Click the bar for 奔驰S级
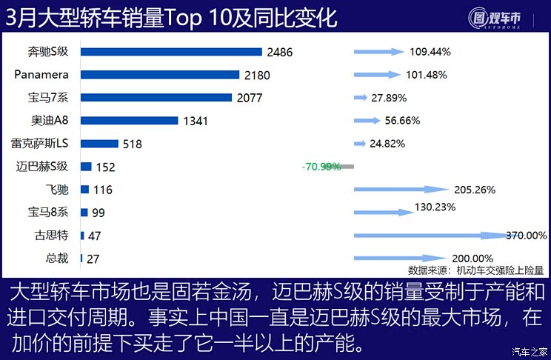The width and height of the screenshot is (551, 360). pyautogui.click(x=171, y=52)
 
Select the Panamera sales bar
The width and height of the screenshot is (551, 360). pyautogui.click(x=160, y=75)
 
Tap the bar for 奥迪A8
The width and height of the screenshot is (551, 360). pyautogui.click(x=130, y=121)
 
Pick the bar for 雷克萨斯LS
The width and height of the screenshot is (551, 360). pyautogui.click(x=99, y=144)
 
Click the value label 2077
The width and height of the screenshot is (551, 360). pyautogui.click(x=250, y=98)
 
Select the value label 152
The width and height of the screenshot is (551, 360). pyautogui.click(x=106, y=167)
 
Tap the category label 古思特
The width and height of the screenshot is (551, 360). pyautogui.click(x=51, y=236)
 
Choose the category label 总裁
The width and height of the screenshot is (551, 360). pyautogui.click(x=57, y=259)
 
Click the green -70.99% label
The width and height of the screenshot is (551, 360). pyautogui.click(x=321, y=167)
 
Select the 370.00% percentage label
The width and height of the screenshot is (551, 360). pyautogui.click(x=526, y=236)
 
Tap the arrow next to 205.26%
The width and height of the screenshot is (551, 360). pyautogui.click(x=401, y=190)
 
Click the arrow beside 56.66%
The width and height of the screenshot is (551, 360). pyautogui.click(x=367, y=121)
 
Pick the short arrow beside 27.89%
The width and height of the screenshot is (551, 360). pyautogui.click(x=361, y=98)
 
